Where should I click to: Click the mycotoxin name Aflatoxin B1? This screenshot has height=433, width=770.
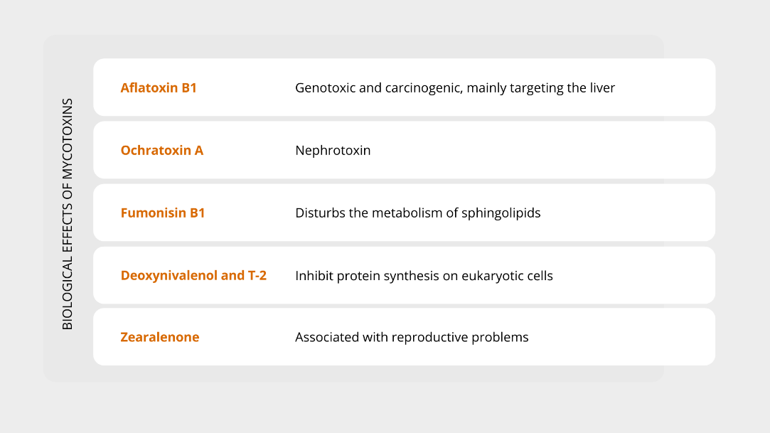159,87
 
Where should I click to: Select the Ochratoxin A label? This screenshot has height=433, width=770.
162,150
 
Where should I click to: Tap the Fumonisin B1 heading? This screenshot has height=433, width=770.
163,213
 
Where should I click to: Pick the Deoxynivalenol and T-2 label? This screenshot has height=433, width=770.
193,275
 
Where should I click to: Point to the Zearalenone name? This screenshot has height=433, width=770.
160,337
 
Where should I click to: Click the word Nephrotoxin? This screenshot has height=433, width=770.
333,150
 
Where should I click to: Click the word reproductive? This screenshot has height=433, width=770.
429,338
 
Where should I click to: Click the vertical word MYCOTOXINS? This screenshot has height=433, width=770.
68,139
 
